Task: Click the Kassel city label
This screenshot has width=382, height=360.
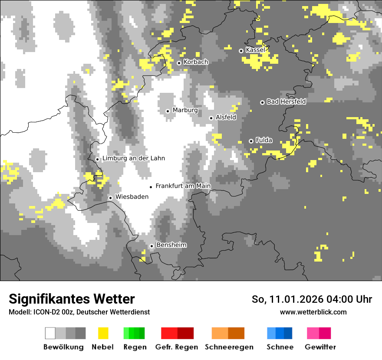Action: (255, 50)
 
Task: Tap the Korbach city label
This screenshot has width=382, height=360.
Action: (196, 62)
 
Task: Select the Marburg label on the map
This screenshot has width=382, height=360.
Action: (185, 110)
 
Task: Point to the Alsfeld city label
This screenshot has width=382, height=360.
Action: (226, 117)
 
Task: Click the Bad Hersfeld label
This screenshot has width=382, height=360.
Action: (286, 102)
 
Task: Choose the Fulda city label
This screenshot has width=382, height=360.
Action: (264, 140)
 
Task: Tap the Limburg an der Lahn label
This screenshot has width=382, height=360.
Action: (134, 158)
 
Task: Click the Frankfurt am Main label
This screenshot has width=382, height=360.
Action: (183, 186)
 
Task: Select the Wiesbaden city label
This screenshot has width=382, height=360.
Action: (132, 197)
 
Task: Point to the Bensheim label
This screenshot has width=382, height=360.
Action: (171, 245)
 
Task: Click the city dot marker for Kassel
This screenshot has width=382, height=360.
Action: (241, 51)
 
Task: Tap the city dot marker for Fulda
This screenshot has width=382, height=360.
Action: (251, 141)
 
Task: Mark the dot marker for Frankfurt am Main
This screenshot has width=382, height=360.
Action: (151, 187)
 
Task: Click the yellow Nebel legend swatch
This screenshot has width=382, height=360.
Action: (103, 333)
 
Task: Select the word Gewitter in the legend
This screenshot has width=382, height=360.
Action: (320, 347)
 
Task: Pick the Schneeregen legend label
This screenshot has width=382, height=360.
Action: (229, 347)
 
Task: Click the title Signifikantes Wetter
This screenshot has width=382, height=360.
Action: (72, 299)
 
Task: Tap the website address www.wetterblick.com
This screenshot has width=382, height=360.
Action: (313, 312)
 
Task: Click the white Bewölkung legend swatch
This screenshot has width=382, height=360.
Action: (50, 333)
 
